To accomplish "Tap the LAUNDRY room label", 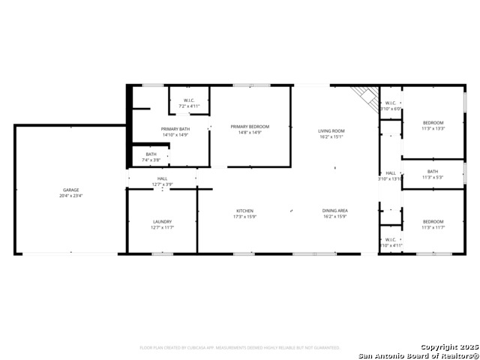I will point(162,221).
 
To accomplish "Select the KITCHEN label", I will point(245,211).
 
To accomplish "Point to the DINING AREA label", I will point(334,211).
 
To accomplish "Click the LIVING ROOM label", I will point(331,130).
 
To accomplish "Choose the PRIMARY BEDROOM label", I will point(250,127).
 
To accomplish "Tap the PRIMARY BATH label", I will point(175,129).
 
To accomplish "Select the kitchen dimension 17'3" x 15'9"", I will point(245,217).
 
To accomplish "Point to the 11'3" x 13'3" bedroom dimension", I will point(433,128).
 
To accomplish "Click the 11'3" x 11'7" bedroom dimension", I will point(433,227).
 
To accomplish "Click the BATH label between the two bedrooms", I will point(433,171).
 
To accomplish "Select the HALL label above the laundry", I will point(162,178).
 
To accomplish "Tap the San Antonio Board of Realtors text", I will point(417,355).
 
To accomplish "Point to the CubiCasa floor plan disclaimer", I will point(240,347).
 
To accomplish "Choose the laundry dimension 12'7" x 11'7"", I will point(162,227).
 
